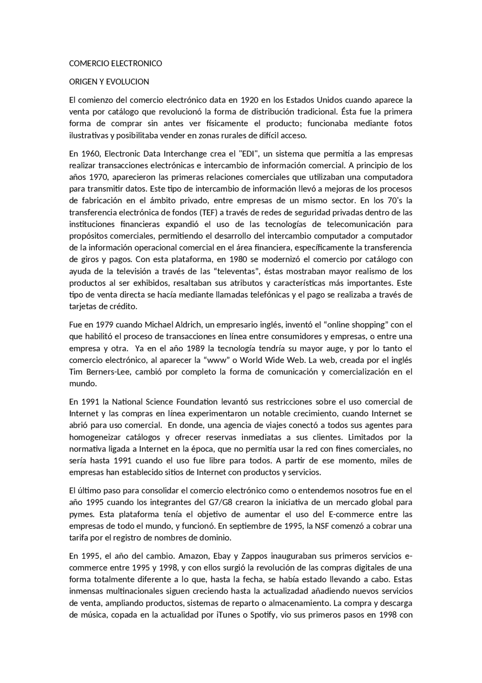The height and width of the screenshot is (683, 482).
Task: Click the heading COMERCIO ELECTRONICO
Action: (x=116, y=63)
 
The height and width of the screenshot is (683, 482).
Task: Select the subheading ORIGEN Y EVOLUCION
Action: (x=109, y=82)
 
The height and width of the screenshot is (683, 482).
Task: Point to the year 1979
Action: (x=105, y=324)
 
